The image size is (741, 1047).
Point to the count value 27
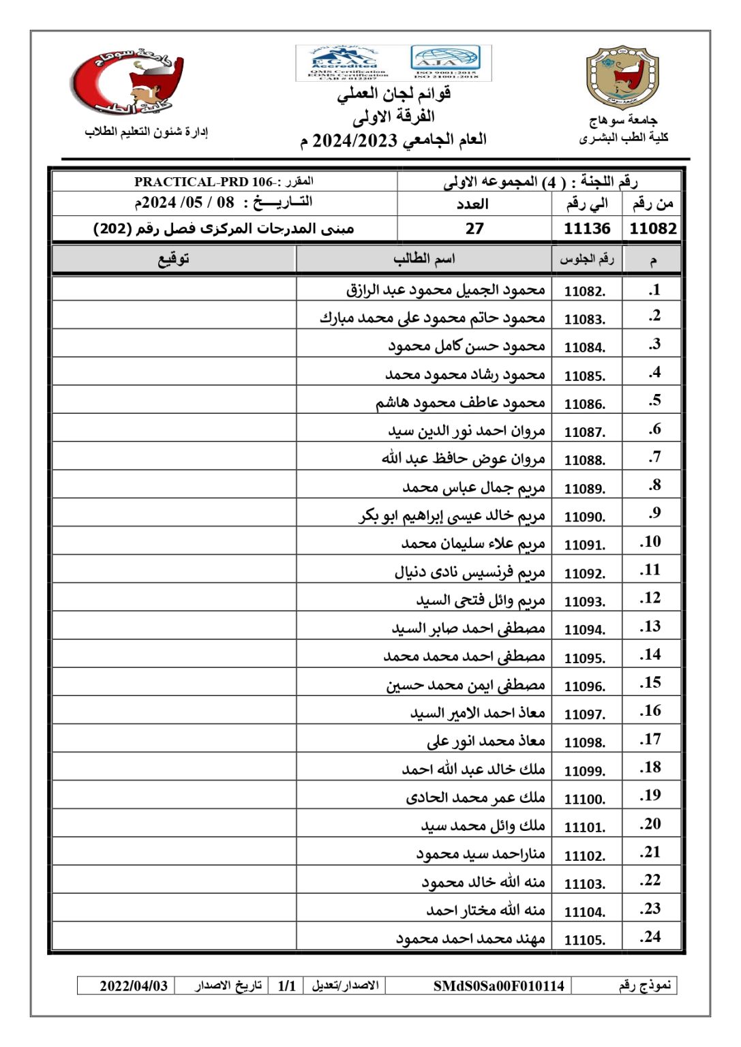coord(474,228)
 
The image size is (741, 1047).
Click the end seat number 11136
coord(587,228)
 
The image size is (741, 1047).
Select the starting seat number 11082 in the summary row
coord(652,228)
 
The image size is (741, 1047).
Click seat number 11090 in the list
coord(585,517)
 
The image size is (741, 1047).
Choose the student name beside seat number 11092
coord(470,573)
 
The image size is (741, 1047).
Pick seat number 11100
coord(585,799)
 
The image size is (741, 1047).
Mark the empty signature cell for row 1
coord(174,290)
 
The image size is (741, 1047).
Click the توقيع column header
coord(174,259)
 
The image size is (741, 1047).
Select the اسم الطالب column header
coord(423,259)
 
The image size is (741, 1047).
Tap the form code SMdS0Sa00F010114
coord(498,986)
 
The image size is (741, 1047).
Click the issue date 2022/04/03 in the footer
coord(134,986)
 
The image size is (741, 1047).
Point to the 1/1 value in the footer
coord(287,986)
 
